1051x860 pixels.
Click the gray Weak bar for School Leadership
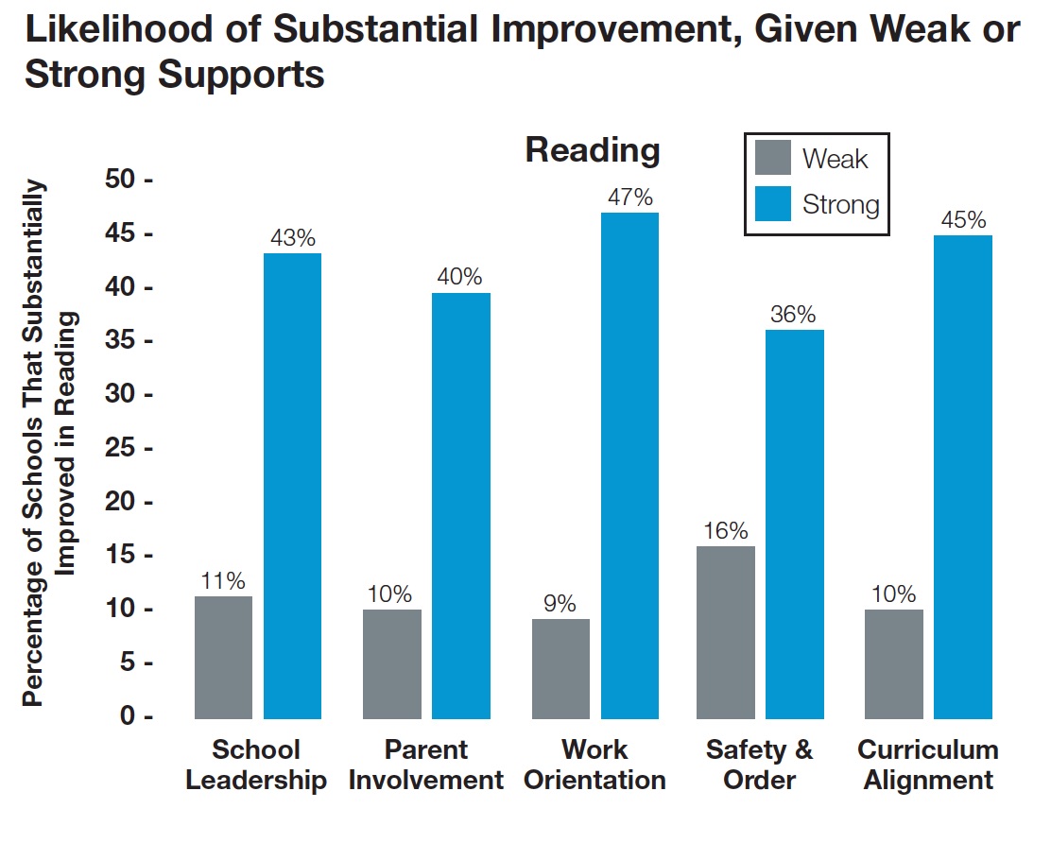point(223,657)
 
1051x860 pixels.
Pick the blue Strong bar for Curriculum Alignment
point(963,476)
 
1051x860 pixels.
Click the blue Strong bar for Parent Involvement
point(461,506)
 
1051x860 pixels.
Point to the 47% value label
point(629,198)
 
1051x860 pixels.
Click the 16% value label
point(725,530)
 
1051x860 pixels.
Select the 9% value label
point(560,604)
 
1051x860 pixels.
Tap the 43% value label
point(292,238)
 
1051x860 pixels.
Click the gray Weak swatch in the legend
point(772,158)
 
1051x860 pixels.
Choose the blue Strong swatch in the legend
point(772,204)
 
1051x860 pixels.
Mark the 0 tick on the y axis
point(131,716)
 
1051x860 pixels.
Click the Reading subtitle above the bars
point(593,150)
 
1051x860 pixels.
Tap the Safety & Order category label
point(759,765)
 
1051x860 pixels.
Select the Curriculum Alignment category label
point(927,765)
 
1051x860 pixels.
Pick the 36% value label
point(793,315)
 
